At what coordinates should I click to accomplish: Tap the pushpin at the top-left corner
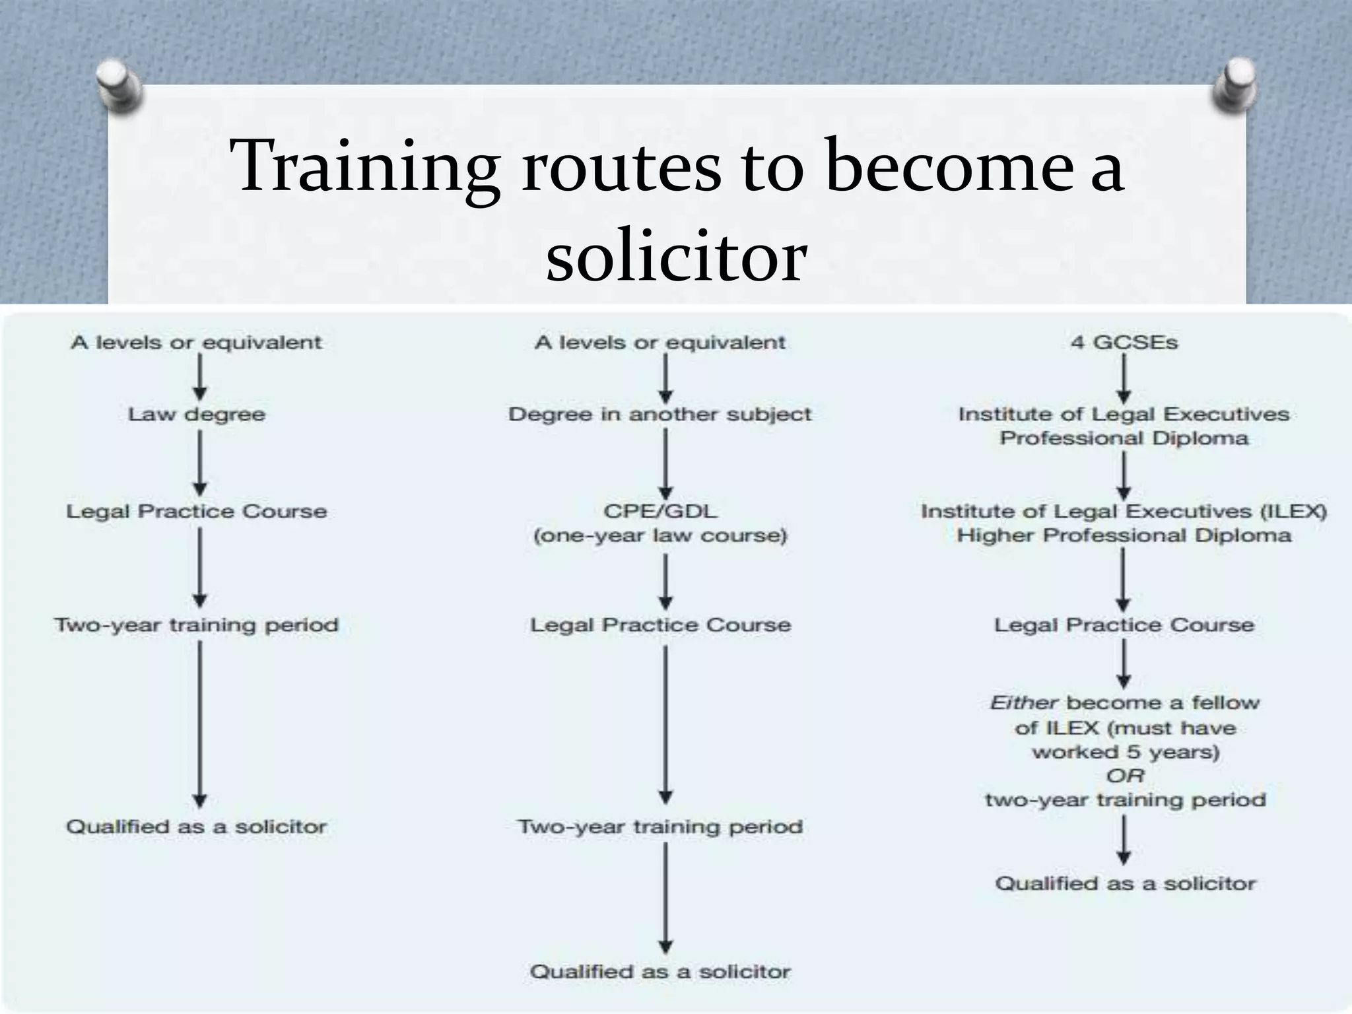(119, 86)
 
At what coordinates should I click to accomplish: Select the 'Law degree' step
(197, 415)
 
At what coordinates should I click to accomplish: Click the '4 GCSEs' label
(1124, 343)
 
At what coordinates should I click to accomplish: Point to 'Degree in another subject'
(660, 415)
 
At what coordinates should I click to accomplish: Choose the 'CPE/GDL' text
(660, 511)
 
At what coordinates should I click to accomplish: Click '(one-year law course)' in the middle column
(660, 535)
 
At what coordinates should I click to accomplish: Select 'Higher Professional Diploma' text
(1124, 535)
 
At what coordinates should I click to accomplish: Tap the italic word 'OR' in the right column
(1125, 776)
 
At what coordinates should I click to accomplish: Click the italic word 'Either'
(1024, 703)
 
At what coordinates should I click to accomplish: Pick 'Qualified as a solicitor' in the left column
(197, 827)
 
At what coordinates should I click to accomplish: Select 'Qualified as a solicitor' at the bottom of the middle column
(660, 972)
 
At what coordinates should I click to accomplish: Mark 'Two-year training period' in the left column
(197, 625)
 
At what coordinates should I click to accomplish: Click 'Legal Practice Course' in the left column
(197, 511)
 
